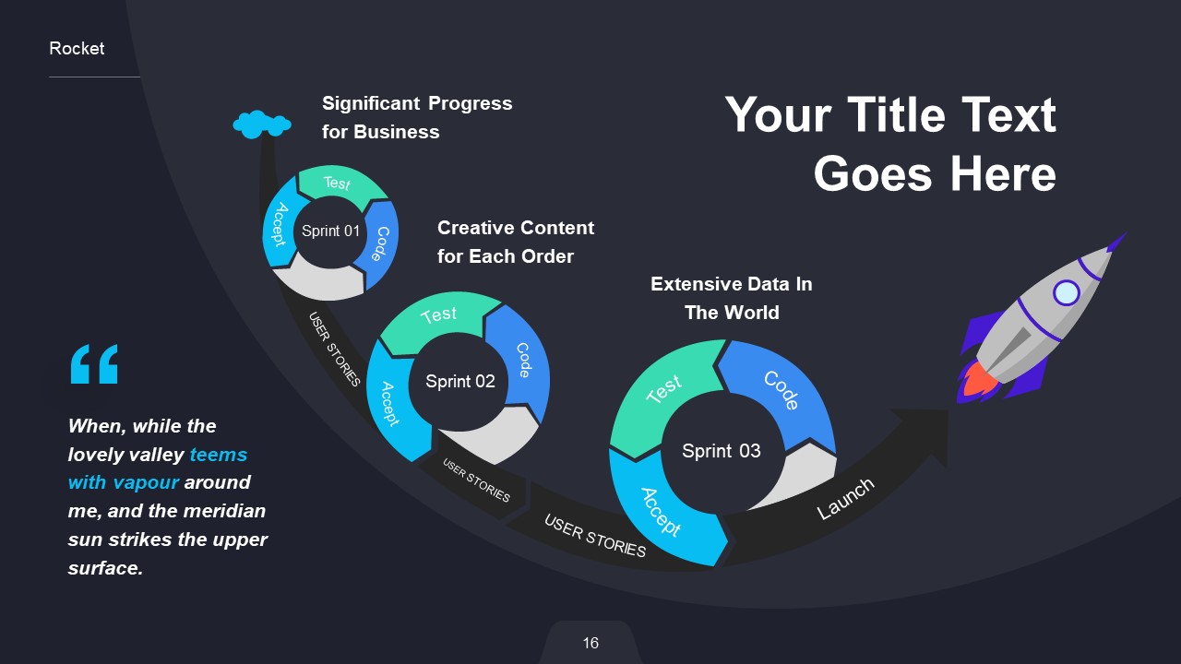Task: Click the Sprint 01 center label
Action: [330, 231]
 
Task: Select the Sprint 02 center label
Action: [459, 382]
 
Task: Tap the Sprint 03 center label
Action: [721, 451]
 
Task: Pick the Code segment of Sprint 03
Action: [780, 391]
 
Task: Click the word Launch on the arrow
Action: [844, 499]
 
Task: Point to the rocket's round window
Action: [1066, 293]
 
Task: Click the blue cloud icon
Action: [262, 124]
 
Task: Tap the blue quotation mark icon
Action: [94, 364]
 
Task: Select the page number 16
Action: [590, 643]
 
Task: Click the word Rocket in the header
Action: [77, 49]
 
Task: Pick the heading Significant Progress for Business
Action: [416, 117]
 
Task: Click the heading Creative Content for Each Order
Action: [515, 242]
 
